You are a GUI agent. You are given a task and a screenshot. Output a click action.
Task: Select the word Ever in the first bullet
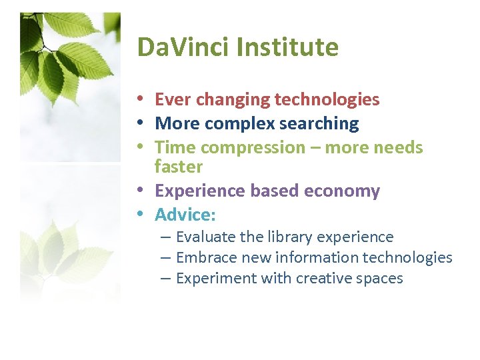click(171, 100)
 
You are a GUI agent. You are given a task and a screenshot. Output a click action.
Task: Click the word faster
click(178, 165)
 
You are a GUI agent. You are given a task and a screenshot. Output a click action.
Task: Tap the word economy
click(342, 191)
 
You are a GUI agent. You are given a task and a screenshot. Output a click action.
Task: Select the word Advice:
click(185, 215)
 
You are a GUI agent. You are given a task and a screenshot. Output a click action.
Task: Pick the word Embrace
click(206, 257)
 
